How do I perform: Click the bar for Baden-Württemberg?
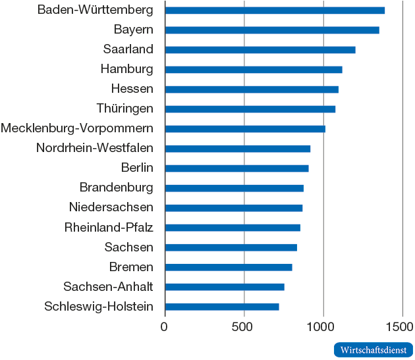[x=275, y=11]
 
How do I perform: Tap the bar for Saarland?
[x=260, y=50]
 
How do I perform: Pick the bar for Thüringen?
[x=250, y=109]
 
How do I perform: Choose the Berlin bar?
[x=236, y=168]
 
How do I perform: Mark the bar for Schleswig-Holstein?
[x=222, y=307]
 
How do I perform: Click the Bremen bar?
[x=229, y=267]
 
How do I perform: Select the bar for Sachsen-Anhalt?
[x=225, y=287]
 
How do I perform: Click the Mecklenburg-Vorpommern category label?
[x=77, y=128]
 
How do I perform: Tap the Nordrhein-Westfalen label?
[x=95, y=148]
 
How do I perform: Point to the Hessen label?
[x=132, y=89]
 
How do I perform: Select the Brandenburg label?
[x=117, y=188]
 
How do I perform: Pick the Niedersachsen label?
[x=111, y=207]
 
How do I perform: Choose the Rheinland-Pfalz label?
[x=109, y=228]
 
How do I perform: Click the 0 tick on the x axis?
[x=165, y=326]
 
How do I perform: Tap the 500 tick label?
[x=244, y=326]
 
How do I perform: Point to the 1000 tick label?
[x=323, y=326]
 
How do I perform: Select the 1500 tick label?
[x=401, y=326]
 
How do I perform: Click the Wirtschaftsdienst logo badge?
[x=373, y=350]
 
